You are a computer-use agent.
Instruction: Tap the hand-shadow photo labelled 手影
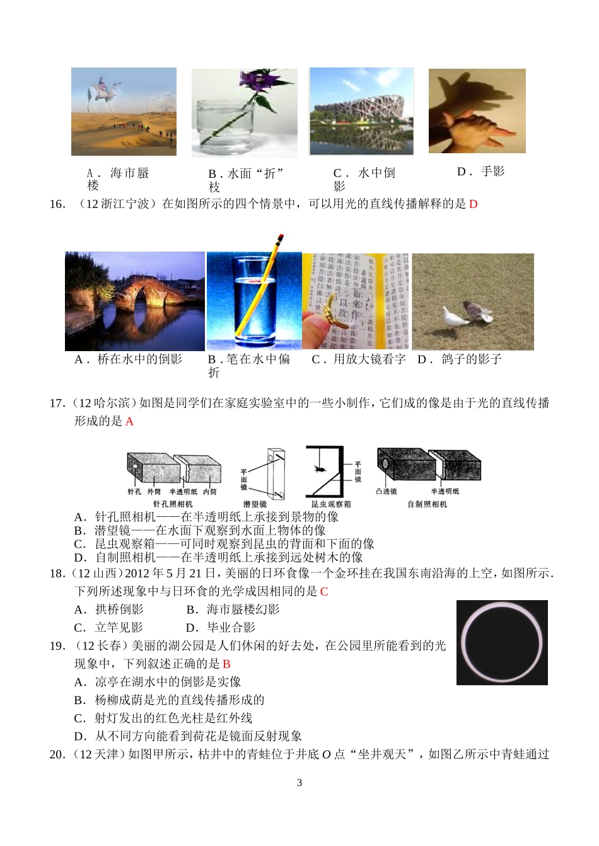(477, 111)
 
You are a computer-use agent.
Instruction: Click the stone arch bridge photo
(134, 301)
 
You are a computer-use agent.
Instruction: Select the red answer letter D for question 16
(474, 204)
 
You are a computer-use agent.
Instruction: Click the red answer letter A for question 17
(129, 422)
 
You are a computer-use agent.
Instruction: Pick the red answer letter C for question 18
(324, 591)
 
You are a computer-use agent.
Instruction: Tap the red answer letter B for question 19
(226, 664)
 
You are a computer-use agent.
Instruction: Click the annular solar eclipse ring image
(502, 642)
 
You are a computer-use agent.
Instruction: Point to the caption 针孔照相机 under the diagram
(173, 504)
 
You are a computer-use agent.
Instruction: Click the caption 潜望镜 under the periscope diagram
(255, 504)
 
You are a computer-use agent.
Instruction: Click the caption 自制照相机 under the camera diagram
(427, 504)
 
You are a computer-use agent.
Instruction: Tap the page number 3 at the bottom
(299, 783)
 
